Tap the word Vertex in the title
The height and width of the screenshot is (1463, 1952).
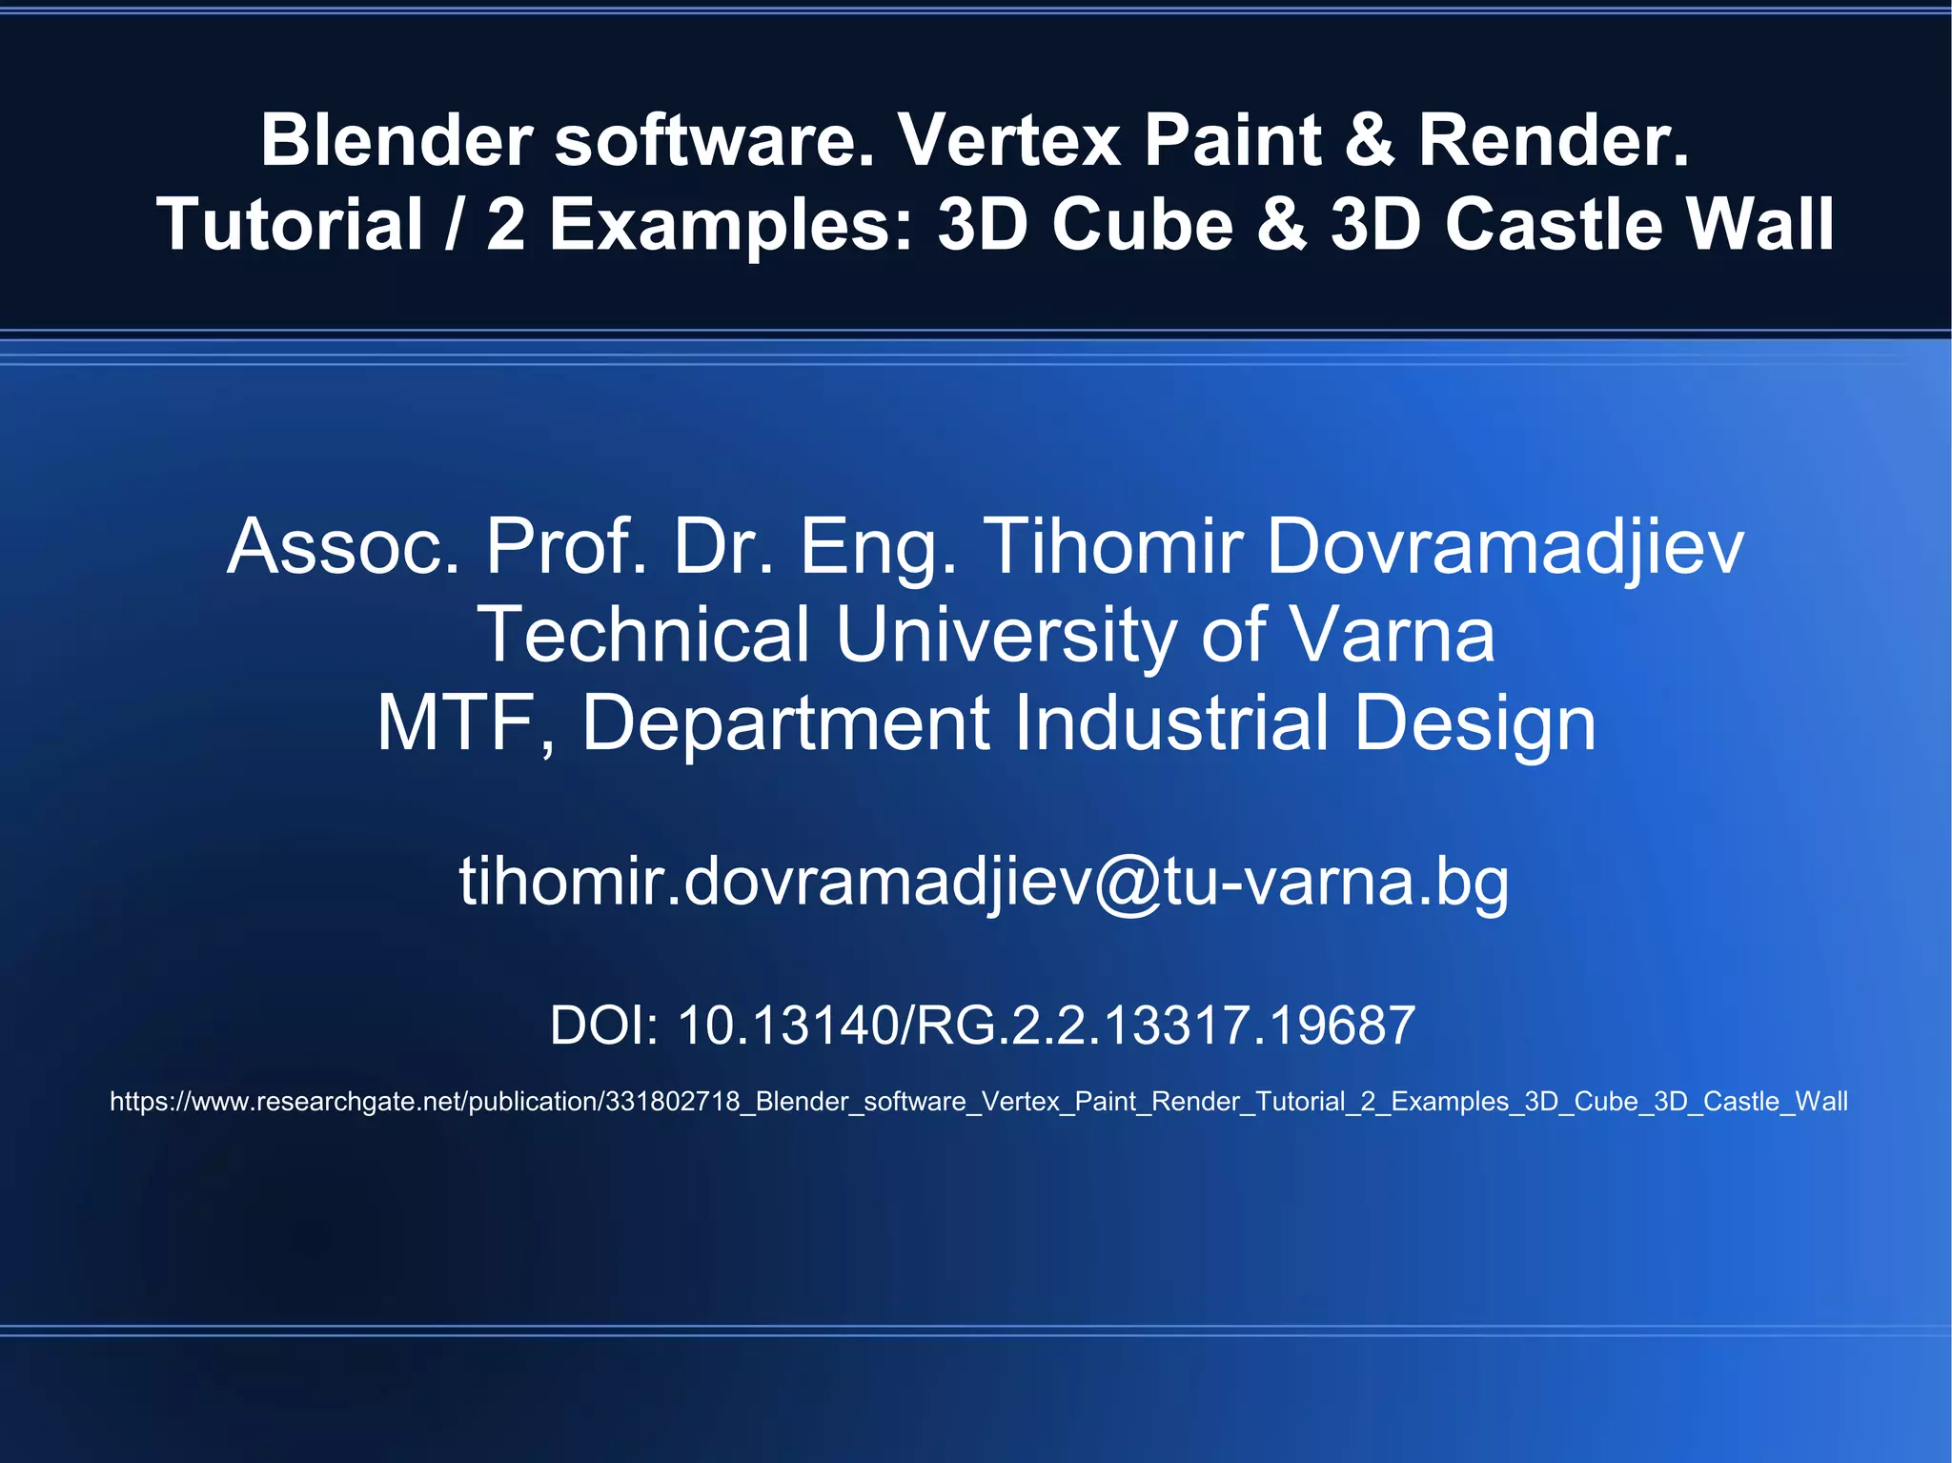coord(1008,140)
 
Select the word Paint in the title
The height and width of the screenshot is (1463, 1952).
coord(1232,140)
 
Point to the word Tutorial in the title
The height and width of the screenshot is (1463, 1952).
coord(290,225)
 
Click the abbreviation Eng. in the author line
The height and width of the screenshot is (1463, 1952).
coord(878,547)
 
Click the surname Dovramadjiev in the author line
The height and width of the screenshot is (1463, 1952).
coord(1505,547)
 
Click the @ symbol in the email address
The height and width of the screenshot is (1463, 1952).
coord(1128,883)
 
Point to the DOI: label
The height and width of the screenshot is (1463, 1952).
coord(603,1026)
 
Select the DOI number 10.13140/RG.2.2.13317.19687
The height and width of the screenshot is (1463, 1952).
coord(1046,1026)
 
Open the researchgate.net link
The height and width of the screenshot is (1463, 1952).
coord(978,1102)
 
